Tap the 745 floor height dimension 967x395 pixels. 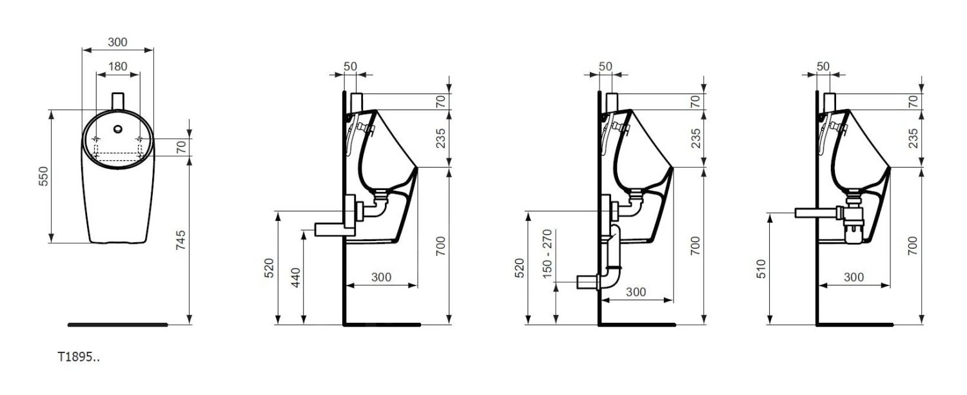click(181, 242)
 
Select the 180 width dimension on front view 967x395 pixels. click(117, 66)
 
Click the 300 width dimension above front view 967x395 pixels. click(117, 42)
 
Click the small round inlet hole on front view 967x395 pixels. click(118, 129)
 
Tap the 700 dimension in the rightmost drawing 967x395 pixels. click(913, 246)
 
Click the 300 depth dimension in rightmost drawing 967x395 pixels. click(853, 277)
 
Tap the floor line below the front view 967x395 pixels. click(117, 325)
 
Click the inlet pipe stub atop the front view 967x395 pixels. click(118, 101)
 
